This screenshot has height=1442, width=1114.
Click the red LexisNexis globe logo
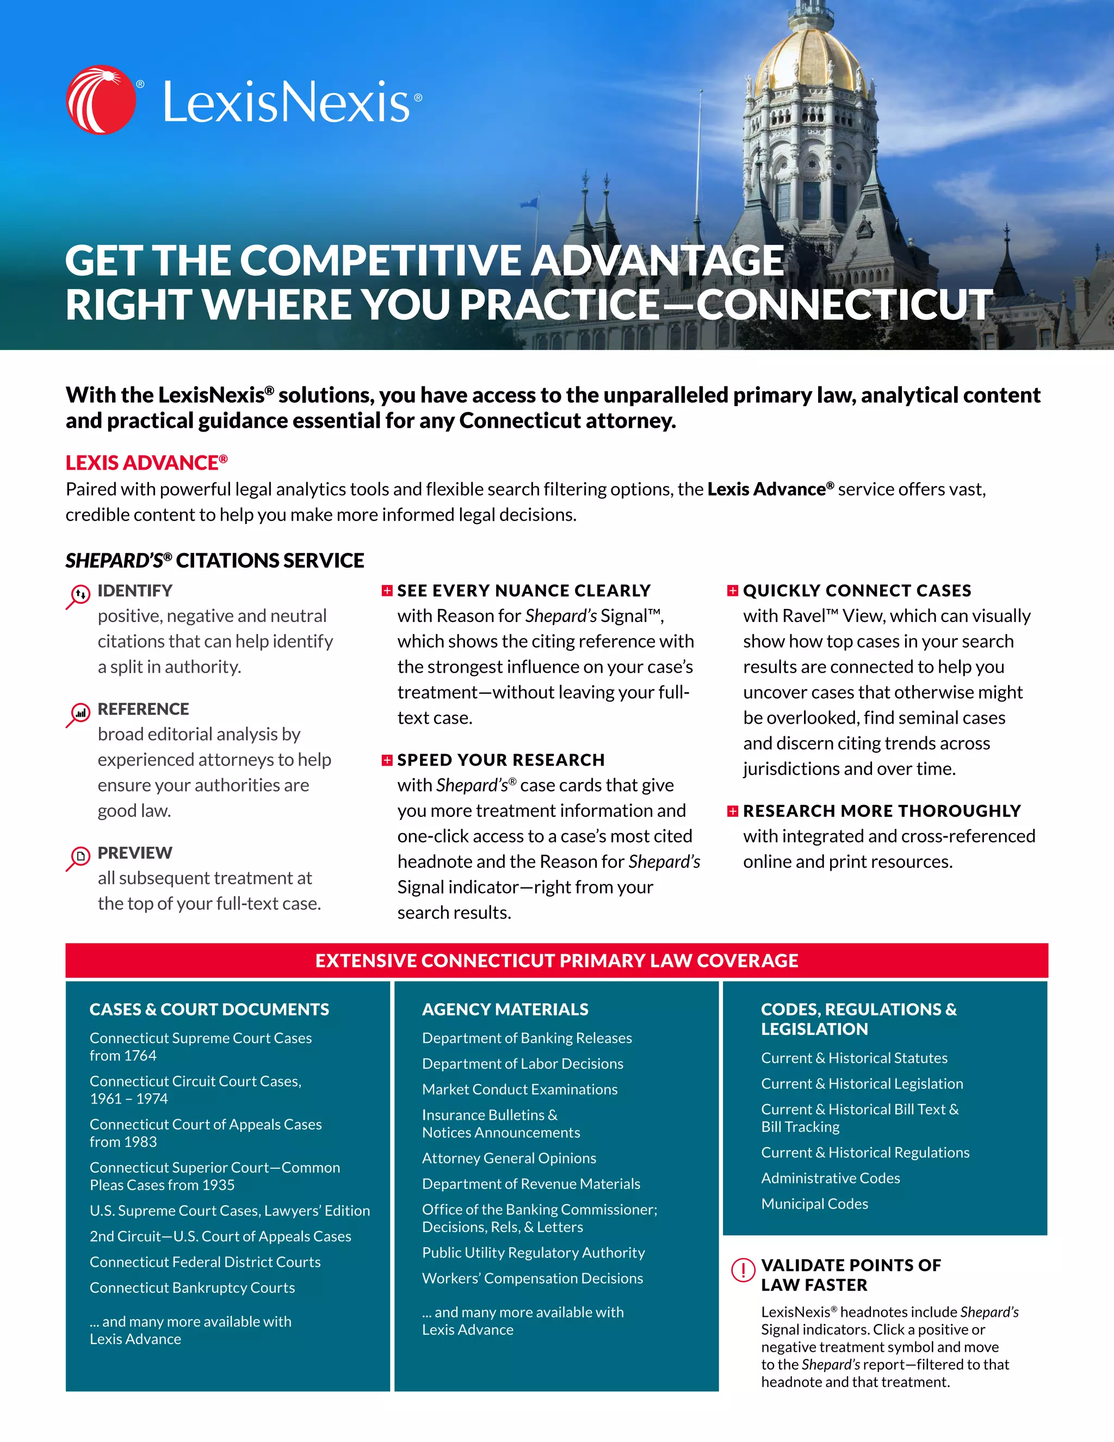click(x=101, y=100)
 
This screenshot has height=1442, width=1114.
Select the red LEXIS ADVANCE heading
click(x=146, y=463)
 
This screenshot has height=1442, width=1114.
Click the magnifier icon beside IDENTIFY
click(x=78, y=595)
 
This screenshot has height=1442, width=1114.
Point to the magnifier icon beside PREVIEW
click(x=78, y=858)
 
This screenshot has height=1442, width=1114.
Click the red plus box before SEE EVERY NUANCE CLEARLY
click(x=387, y=590)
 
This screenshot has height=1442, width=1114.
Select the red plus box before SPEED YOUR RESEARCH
click(x=387, y=760)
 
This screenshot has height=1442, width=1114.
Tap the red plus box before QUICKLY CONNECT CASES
click(x=733, y=590)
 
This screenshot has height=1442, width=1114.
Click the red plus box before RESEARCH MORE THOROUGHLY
click(x=733, y=811)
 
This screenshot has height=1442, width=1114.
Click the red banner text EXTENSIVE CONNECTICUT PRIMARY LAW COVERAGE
click(x=556, y=960)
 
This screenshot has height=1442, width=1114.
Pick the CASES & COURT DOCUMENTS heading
click(x=209, y=1009)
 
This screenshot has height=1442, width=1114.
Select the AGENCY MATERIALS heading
click(x=505, y=1009)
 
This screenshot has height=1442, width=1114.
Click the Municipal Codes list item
click(x=814, y=1204)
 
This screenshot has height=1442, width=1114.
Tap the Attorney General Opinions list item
click(x=509, y=1158)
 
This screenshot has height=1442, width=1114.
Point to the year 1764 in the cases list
click(x=140, y=1056)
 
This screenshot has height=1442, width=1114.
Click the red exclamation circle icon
click(x=743, y=1269)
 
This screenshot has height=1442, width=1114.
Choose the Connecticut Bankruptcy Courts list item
click(x=192, y=1287)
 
